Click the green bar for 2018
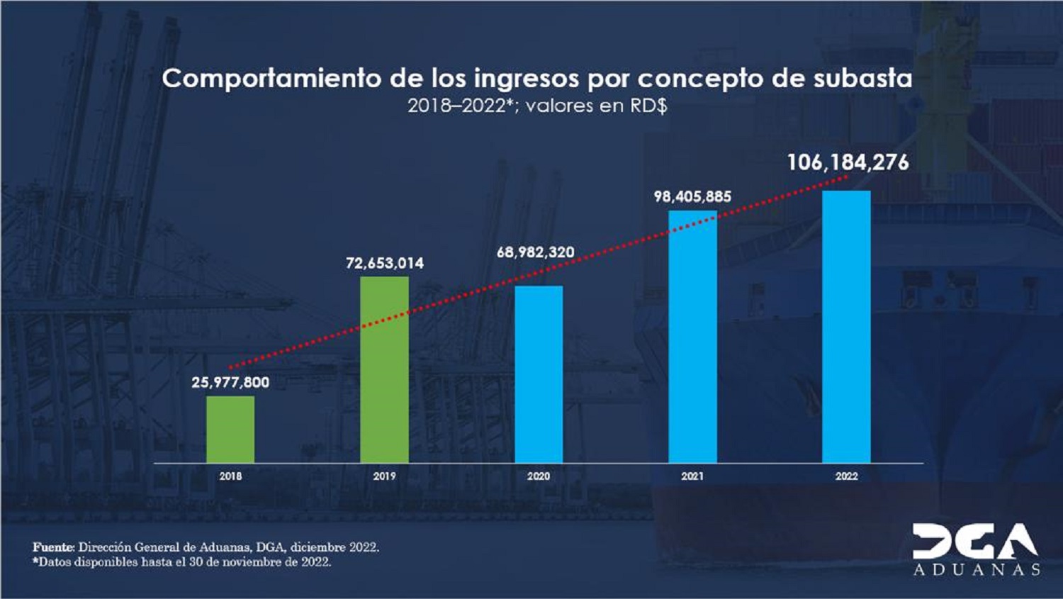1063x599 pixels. click(x=230, y=430)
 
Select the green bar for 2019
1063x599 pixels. click(x=384, y=369)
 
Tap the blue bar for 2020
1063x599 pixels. click(x=539, y=374)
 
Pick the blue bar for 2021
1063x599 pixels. click(x=692, y=337)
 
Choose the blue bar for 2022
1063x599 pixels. click(x=846, y=327)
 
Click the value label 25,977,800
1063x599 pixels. click(x=230, y=383)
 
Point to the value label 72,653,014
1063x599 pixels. click(x=385, y=264)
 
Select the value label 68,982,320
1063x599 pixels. click(x=536, y=252)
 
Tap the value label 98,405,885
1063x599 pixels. click(x=692, y=196)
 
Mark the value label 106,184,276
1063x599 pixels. click(x=848, y=163)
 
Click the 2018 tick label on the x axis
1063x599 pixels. click(x=230, y=476)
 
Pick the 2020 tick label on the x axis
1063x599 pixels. click(x=539, y=476)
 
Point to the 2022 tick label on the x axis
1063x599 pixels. click(x=846, y=476)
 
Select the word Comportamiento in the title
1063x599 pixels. click(x=271, y=79)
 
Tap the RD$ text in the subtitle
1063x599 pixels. click(x=648, y=106)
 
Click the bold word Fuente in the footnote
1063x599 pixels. click(x=53, y=547)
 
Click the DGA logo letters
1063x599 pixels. click(x=975, y=542)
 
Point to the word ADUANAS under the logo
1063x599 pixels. click(x=977, y=570)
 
